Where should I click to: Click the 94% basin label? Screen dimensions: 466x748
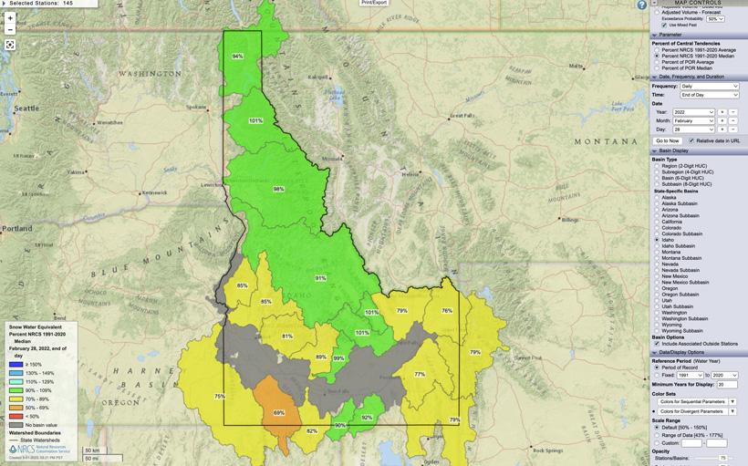tap(237, 57)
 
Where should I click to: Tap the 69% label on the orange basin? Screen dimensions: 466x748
tap(279, 413)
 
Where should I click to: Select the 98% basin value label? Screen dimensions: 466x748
tap(278, 189)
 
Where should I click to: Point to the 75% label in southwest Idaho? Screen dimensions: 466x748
tap(220, 396)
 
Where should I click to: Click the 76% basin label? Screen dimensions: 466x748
tap(447, 311)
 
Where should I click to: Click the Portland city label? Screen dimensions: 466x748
tap(16, 228)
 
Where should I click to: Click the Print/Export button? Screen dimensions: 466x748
tap(374, 3)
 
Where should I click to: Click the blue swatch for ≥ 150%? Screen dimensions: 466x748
tap(16, 364)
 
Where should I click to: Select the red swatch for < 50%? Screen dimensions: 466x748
tap(16, 416)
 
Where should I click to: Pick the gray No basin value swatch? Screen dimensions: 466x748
tap(16, 424)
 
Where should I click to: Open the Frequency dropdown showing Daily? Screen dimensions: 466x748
tap(709, 86)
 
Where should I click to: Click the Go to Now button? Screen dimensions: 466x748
tap(668, 140)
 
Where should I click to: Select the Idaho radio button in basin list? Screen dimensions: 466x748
tap(657, 240)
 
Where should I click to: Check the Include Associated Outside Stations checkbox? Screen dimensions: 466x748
tap(657, 343)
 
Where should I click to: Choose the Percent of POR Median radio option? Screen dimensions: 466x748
tap(657, 68)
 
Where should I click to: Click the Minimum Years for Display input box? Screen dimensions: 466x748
tap(727, 384)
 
